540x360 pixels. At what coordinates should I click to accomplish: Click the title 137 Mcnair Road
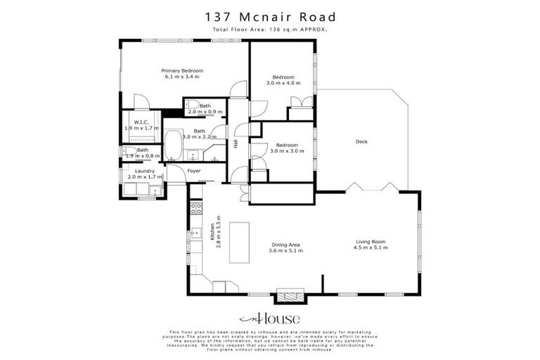tap(270, 16)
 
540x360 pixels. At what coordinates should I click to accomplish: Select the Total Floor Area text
tap(270, 30)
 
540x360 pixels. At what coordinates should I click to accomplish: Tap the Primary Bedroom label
tap(182, 71)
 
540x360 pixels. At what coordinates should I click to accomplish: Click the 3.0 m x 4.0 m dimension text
tap(283, 83)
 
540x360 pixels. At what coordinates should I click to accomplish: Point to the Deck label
tap(361, 141)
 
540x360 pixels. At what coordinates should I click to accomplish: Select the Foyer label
tap(194, 171)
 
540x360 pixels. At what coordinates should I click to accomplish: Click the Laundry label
tap(144, 171)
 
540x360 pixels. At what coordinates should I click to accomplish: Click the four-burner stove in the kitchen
tap(197, 207)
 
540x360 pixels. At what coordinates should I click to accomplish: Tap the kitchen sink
tap(196, 233)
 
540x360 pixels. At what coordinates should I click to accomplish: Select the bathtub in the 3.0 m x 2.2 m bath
tap(172, 146)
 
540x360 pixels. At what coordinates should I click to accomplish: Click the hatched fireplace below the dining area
tap(290, 296)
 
